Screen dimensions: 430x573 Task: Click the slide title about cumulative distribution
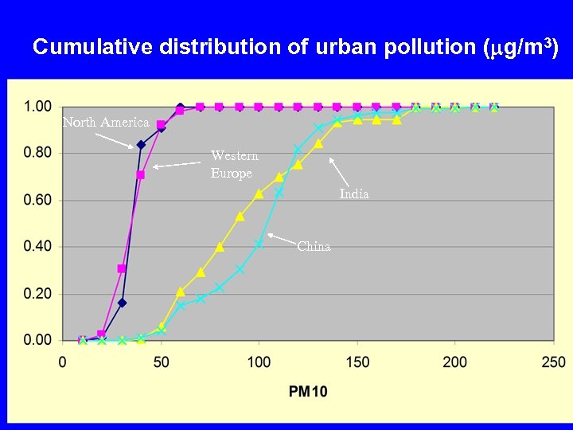[x=295, y=47]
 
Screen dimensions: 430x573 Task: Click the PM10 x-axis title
[x=307, y=391]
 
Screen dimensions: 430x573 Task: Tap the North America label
[x=106, y=122]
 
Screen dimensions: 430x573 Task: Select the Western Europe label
[x=234, y=164]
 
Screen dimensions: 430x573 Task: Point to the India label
[x=354, y=193]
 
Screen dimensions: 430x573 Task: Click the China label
[x=314, y=246]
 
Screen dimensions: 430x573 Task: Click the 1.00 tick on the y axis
[x=37, y=106]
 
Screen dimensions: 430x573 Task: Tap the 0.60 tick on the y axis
[x=37, y=200]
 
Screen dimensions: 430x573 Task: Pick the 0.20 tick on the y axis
[x=37, y=294]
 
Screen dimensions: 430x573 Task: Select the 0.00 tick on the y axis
[x=37, y=340]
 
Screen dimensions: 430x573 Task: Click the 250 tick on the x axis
[x=553, y=362]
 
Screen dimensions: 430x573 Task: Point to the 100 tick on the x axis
[x=259, y=362]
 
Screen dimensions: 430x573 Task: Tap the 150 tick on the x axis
[x=357, y=362]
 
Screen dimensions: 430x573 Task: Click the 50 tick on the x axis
[x=161, y=362]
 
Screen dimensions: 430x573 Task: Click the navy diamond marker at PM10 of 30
[x=122, y=303]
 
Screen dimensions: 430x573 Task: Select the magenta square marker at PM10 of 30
[x=122, y=268]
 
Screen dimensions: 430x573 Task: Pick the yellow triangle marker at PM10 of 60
[x=181, y=291]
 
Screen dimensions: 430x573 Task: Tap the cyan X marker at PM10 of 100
[x=259, y=244]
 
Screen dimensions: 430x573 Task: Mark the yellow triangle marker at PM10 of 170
[x=396, y=119]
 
